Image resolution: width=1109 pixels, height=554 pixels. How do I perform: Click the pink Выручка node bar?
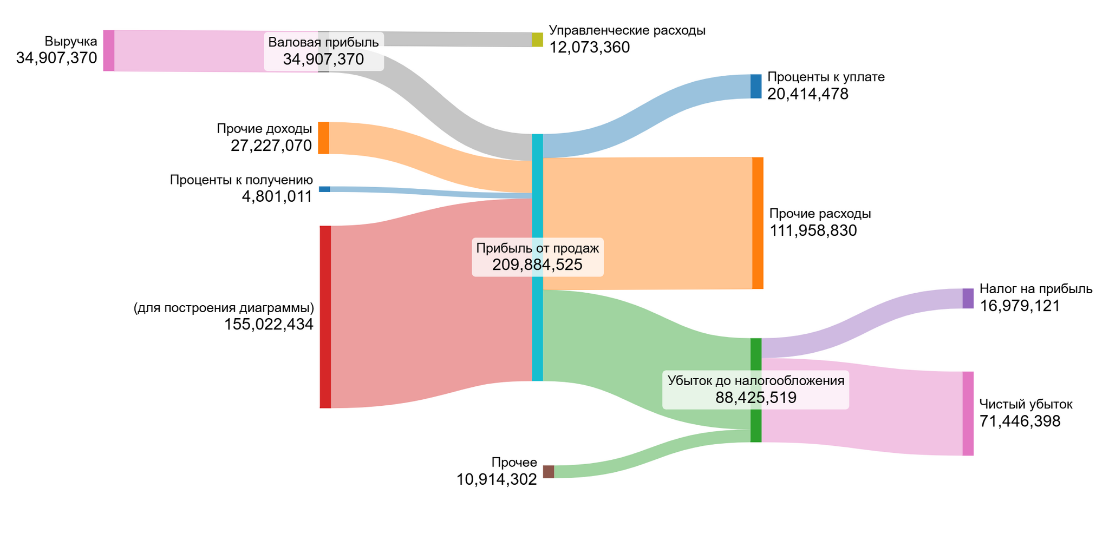click(109, 51)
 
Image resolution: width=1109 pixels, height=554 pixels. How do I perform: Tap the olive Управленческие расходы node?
click(537, 39)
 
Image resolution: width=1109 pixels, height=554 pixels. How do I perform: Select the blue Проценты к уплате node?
click(756, 87)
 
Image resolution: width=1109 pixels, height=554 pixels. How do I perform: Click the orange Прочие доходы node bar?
click(323, 138)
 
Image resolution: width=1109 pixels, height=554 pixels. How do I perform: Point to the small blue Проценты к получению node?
click(324, 189)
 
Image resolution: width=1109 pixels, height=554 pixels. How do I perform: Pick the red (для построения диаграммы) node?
click(325, 316)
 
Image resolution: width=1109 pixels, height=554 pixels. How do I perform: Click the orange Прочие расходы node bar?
click(758, 223)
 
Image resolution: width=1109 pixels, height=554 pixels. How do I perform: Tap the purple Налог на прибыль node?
click(968, 299)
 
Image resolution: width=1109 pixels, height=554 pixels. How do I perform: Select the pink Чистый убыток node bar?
click(968, 413)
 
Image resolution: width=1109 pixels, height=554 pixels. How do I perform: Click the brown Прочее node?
click(549, 472)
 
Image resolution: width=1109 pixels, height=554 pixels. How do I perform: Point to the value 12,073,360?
click(589, 48)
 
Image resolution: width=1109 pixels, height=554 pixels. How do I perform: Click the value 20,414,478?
click(807, 94)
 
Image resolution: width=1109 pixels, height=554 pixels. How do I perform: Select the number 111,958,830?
click(813, 231)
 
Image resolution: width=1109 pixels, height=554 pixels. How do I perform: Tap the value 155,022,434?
click(269, 325)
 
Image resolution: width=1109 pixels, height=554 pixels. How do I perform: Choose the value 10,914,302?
click(497, 479)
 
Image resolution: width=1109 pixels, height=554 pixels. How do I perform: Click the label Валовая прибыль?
click(323, 43)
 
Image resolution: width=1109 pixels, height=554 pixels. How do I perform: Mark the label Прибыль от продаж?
click(537, 248)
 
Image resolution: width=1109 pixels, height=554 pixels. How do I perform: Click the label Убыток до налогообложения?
click(756, 381)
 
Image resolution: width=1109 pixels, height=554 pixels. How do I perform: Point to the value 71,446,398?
click(1020, 421)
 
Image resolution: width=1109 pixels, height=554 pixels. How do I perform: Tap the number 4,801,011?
click(277, 196)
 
